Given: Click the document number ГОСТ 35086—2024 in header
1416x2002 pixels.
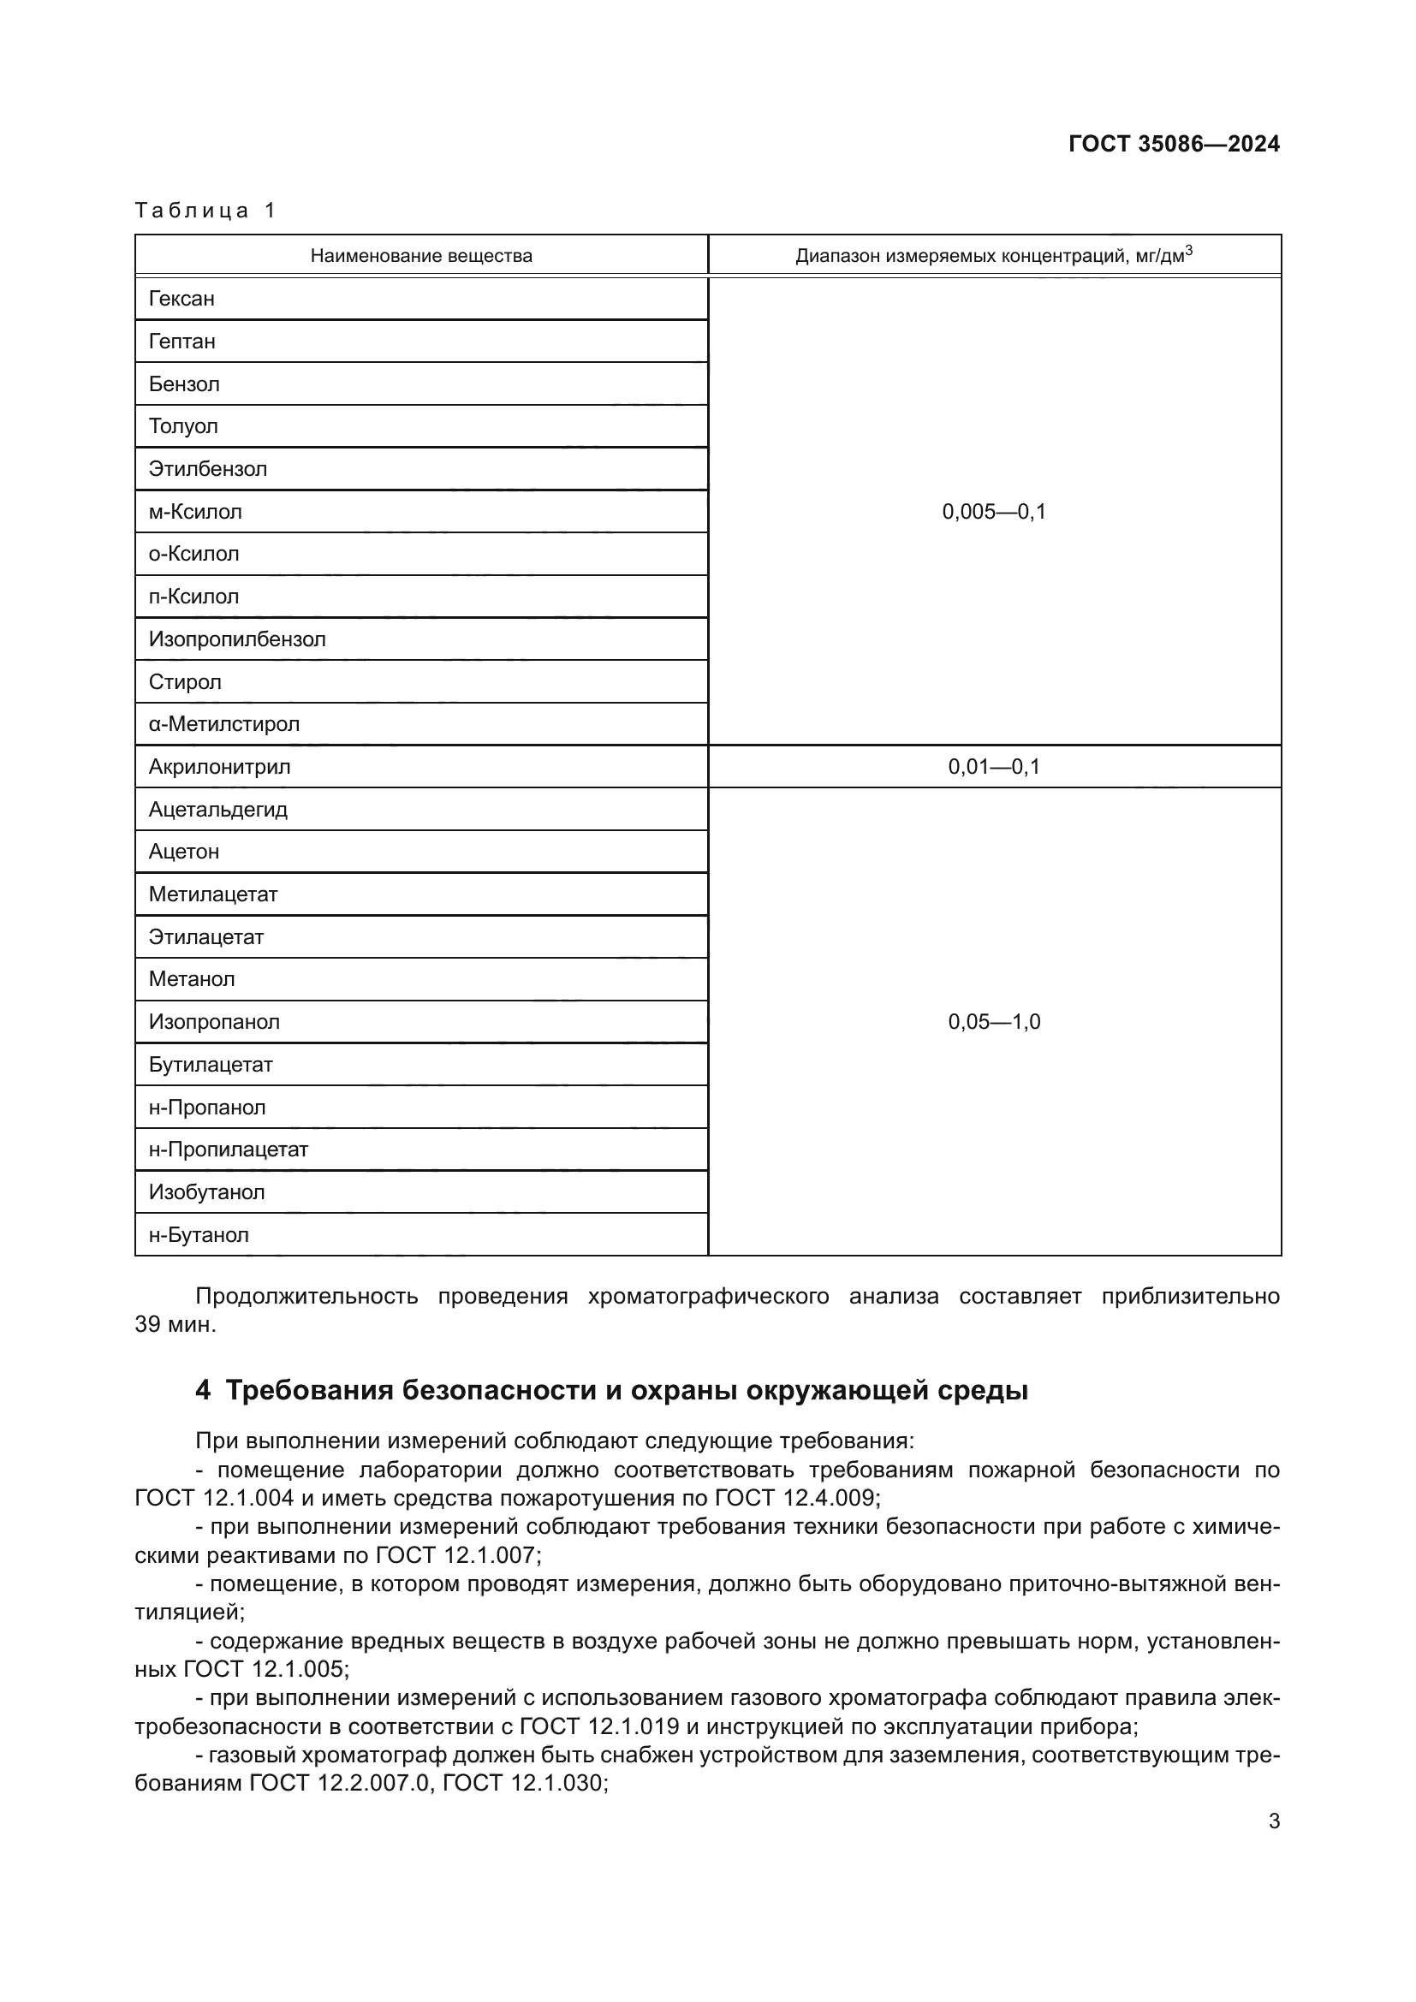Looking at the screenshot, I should [1174, 144].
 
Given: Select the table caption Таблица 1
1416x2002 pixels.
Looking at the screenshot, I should [205, 211].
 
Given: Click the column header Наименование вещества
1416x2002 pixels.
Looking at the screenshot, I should [421, 255].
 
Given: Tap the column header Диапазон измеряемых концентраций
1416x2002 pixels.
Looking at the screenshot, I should [994, 255].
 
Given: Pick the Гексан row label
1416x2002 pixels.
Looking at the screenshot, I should [181, 299].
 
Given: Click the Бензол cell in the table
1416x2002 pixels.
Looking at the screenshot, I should [184, 384].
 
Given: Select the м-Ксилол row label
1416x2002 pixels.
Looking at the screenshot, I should [195, 512].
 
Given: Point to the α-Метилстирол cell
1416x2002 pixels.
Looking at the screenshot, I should [224, 725].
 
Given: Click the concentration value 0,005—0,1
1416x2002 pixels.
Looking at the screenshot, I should [994, 512].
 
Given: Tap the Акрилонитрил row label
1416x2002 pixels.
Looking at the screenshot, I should [220, 767].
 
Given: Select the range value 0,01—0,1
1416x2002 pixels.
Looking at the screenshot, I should [994, 767].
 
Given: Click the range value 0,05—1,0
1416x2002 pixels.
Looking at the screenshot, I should [994, 1022].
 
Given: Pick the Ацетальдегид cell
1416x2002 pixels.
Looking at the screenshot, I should [218, 810].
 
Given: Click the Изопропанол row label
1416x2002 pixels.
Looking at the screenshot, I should [215, 1022].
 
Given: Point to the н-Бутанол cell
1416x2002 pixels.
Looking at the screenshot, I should [199, 1236].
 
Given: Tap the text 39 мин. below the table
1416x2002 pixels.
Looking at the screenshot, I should [175, 1324].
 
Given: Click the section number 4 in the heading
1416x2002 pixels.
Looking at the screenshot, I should [202, 1390].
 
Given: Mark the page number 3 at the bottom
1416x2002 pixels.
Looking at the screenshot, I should [1274, 1821].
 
